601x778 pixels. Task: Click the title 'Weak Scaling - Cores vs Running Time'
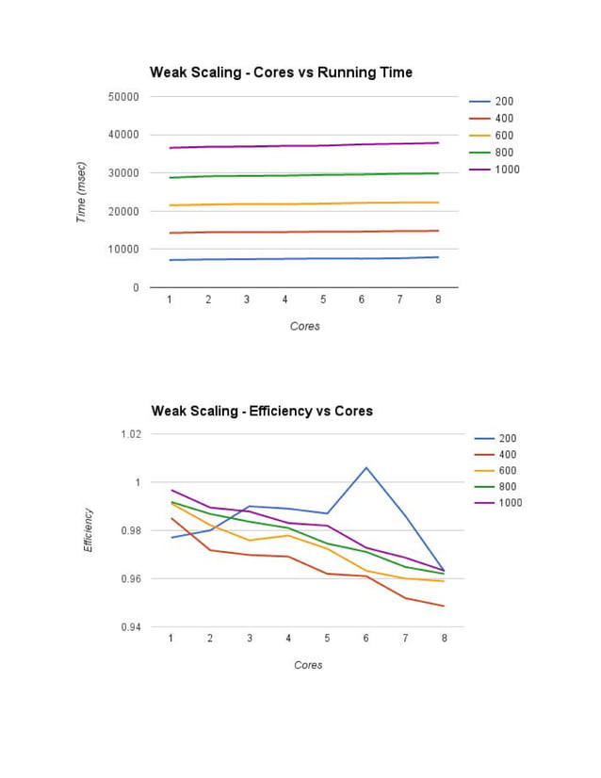pyautogui.click(x=281, y=73)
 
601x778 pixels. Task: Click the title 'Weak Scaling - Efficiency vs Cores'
pyautogui.click(x=262, y=411)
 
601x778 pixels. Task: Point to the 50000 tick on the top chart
pyautogui.click(x=124, y=96)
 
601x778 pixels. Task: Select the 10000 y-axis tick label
pyautogui.click(x=124, y=250)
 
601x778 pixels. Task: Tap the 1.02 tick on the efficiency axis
pyautogui.click(x=130, y=434)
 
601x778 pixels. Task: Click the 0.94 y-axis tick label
pyautogui.click(x=130, y=627)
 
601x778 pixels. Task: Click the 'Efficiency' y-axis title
pyautogui.click(x=89, y=530)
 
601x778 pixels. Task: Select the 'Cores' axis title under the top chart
pyautogui.click(x=304, y=326)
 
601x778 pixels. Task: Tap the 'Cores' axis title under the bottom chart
pyautogui.click(x=308, y=665)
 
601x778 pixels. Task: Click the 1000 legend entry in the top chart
pyautogui.click(x=507, y=170)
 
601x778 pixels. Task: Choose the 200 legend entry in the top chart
pyautogui.click(x=504, y=101)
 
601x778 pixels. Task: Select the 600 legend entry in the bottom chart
pyautogui.click(x=508, y=470)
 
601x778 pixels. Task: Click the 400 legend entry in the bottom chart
pyautogui.click(x=508, y=454)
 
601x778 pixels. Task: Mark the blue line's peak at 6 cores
pyautogui.click(x=366, y=467)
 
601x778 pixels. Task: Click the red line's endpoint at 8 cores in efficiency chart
pyautogui.click(x=444, y=606)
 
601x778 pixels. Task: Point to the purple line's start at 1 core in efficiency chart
pyautogui.click(x=171, y=490)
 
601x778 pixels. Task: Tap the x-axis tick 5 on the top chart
pyautogui.click(x=323, y=300)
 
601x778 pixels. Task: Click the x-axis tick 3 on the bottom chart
pyautogui.click(x=250, y=638)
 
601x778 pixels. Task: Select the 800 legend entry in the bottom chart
pyautogui.click(x=508, y=486)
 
